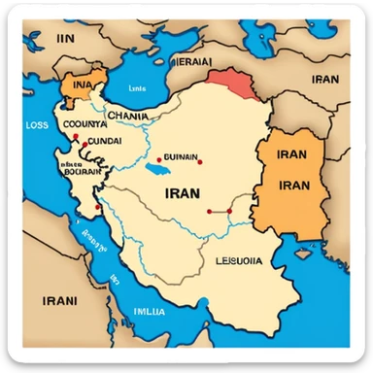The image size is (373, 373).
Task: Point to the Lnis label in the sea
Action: click(136, 87)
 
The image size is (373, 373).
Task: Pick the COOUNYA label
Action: click(84, 124)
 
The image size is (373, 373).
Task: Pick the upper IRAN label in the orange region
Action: click(291, 154)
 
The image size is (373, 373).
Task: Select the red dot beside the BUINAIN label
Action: click(158, 158)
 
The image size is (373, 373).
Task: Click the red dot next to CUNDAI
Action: click(87, 144)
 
